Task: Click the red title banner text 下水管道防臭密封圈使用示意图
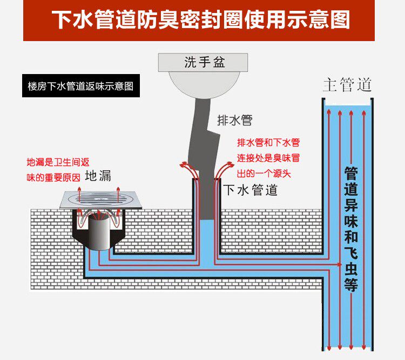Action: point(201,19)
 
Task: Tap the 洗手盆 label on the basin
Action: point(205,62)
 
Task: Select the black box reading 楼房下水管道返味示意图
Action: point(81,86)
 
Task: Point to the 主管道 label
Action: point(347,84)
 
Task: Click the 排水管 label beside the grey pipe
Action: point(234,120)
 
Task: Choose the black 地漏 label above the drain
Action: point(98,176)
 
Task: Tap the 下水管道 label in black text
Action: point(250,190)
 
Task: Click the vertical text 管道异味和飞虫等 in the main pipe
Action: point(351,229)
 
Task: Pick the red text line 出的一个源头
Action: point(264,174)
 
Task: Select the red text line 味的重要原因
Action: point(53,178)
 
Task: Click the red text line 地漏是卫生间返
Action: point(58,162)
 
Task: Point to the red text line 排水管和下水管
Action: point(268,143)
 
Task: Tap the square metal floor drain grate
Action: point(101,199)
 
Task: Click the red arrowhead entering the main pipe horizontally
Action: point(339,264)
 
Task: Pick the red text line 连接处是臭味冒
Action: point(268,158)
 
